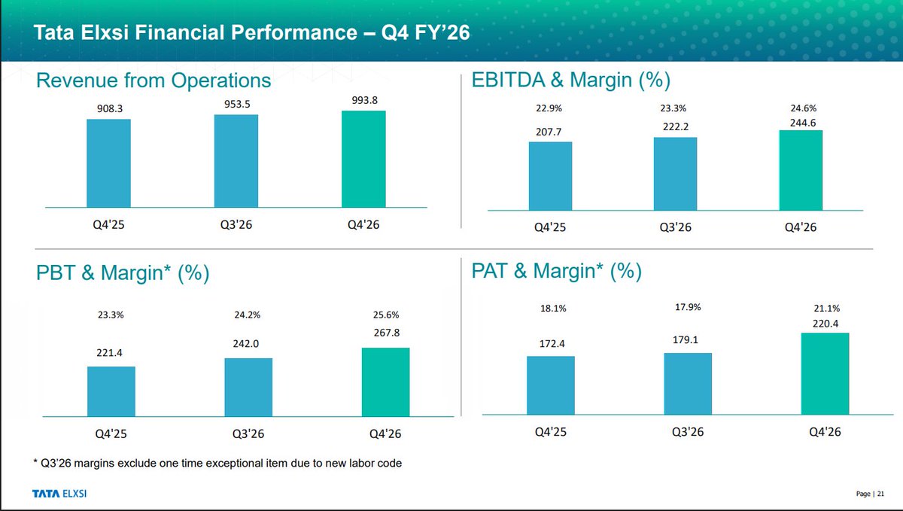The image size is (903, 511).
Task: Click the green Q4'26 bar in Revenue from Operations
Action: click(x=363, y=159)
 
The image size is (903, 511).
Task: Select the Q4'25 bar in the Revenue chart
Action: click(x=108, y=163)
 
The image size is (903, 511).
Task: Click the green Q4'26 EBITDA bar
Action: click(x=801, y=170)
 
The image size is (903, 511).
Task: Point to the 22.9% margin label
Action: click(x=549, y=108)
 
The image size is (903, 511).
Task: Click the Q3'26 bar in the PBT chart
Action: click(x=248, y=387)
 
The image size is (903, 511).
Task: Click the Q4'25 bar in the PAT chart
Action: click(x=551, y=385)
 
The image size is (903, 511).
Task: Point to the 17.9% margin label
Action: click(x=688, y=307)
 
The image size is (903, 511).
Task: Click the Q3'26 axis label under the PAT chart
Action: click(x=688, y=432)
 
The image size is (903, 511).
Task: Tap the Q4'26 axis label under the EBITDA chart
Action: click(x=801, y=228)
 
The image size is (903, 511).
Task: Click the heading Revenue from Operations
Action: click(x=154, y=81)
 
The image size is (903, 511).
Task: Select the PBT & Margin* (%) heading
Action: click(x=122, y=274)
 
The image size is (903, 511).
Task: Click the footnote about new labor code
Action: click(x=218, y=463)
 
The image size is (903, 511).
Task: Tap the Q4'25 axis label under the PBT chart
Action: click(x=111, y=433)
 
